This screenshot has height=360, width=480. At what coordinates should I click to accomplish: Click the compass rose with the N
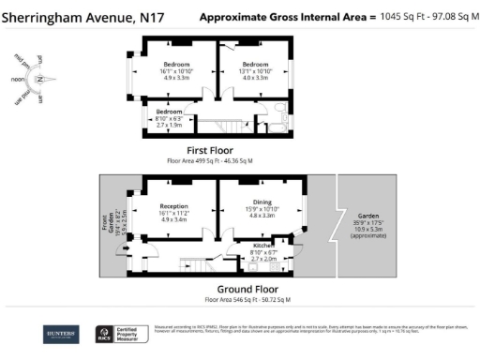tap(40, 80)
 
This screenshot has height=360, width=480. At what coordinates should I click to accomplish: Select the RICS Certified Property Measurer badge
tap(120, 335)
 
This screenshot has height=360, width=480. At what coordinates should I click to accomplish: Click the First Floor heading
tap(209, 150)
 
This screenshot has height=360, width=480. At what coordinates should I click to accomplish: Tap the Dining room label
tap(262, 204)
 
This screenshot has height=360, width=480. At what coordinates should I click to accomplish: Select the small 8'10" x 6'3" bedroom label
tap(169, 115)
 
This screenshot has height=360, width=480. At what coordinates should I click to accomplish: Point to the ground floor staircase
tap(193, 265)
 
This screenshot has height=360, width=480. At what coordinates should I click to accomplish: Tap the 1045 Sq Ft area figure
tap(404, 17)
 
